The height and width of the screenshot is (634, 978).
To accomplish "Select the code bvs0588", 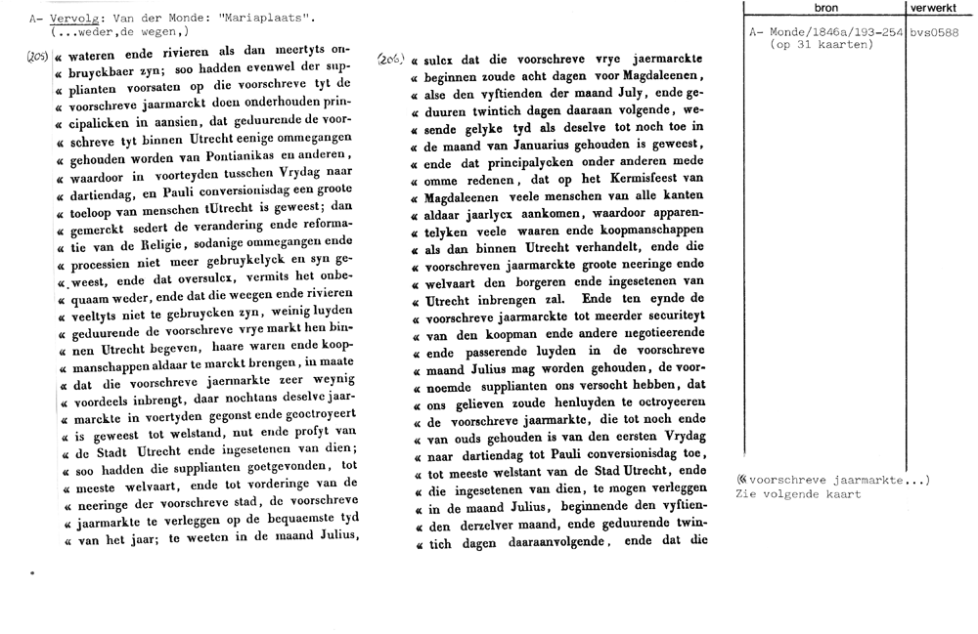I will point(935,33).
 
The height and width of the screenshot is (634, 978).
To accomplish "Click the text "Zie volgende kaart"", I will point(798,494).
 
